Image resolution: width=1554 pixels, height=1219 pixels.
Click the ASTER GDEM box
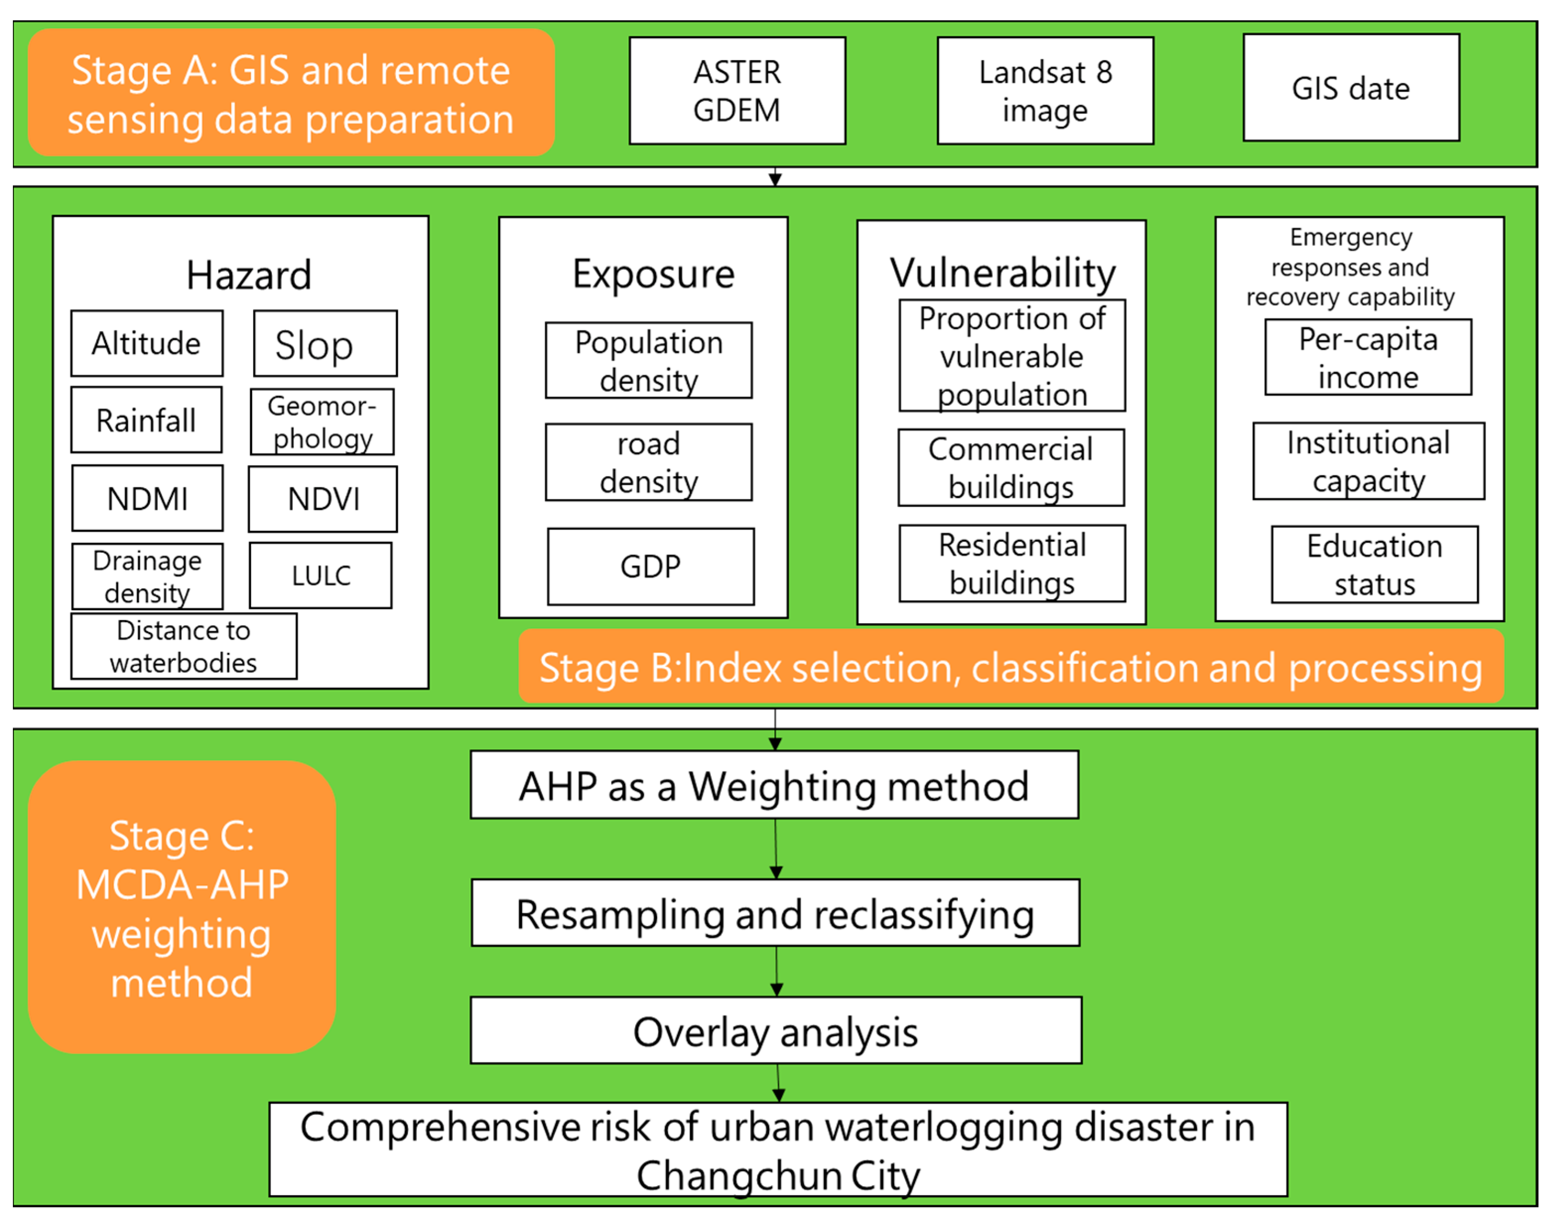tap(737, 91)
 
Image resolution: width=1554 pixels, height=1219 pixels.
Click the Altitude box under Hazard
tap(146, 343)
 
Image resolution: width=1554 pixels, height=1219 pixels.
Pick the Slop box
tap(325, 343)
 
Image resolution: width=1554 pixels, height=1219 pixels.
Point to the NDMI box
tap(147, 498)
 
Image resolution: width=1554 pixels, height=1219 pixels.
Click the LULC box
tap(320, 575)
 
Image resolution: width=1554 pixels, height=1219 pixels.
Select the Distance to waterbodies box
tap(184, 646)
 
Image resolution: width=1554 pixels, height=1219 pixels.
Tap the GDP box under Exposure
tap(650, 567)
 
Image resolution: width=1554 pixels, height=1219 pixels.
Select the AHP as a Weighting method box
tap(774, 785)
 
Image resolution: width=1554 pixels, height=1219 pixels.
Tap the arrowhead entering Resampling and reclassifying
tap(776, 873)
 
